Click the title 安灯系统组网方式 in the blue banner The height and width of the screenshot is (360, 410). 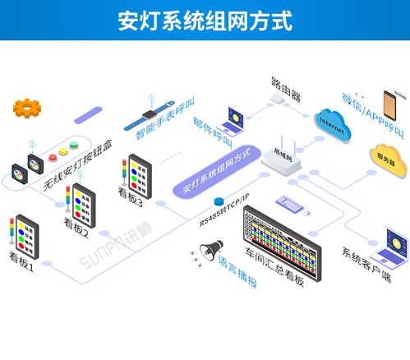pyautogui.click(x=205, y=19)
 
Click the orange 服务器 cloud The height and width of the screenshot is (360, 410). pyautogui.click(x=386, y=155)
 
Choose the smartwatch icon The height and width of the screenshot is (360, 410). pyautogui.click(x=150, y=114)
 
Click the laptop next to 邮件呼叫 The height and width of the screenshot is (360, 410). pyautogui.click(x=231, y=119)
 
